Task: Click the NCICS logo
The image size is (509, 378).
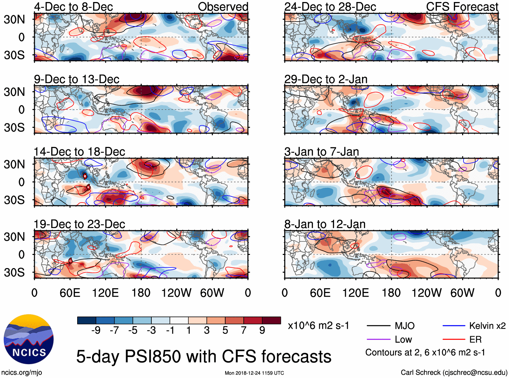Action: point(29,339)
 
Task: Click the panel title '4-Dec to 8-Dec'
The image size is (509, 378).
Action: point(73,7)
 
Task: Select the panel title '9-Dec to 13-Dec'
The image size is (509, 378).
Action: point(77,79)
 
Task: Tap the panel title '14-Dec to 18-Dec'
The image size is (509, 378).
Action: point(79,152)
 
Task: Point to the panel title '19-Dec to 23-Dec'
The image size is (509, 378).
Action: point(79,224)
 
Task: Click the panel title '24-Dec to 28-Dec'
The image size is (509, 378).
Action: point(330,7)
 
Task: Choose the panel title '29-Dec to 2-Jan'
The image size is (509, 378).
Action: point(326,79)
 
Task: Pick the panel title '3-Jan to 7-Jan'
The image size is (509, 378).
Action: point(322,152)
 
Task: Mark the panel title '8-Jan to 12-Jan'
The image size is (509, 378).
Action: point(325,224)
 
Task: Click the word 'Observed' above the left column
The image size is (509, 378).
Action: point(223,7)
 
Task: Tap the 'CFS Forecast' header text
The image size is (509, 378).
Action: point(462,7)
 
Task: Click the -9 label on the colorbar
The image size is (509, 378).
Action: point(96,330)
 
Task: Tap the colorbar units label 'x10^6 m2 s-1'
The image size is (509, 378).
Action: point(318,326)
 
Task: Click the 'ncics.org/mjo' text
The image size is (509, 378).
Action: point(22,373)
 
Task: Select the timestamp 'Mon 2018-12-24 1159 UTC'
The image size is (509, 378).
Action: point(254,373)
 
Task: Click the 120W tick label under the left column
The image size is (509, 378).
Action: point(176,293)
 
